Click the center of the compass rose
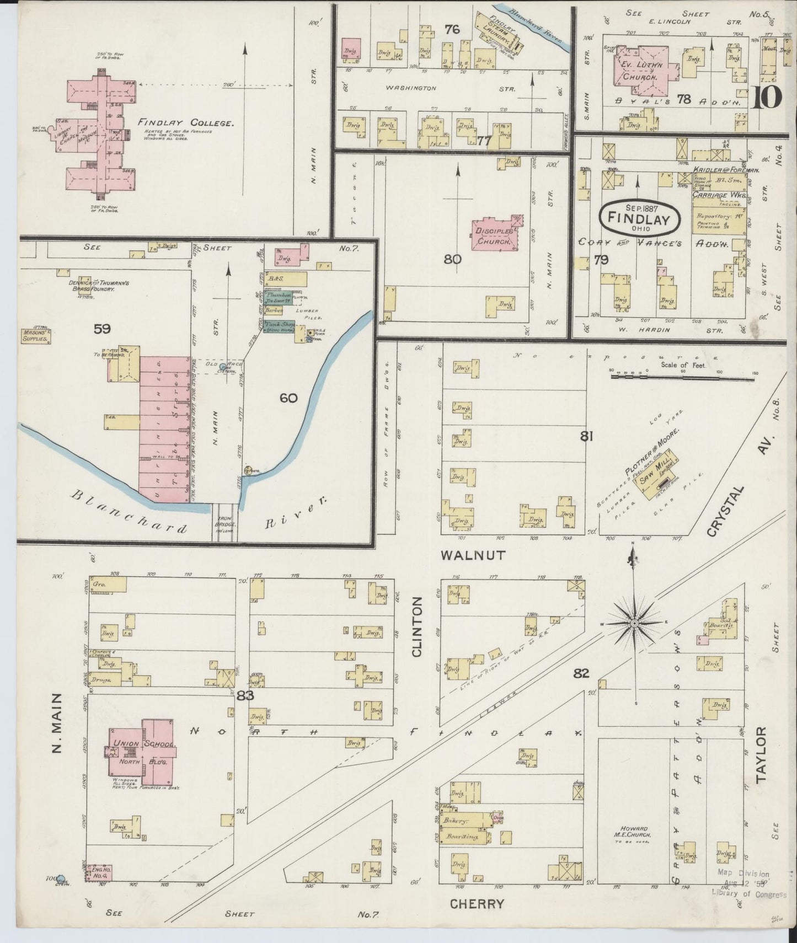(x=635, y=623)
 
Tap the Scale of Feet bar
(x=682, y=377)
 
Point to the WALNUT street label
(x=473, y=555)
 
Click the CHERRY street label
(x=477, y=904)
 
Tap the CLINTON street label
(x=416, y=626)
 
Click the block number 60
(x=288, y=398)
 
